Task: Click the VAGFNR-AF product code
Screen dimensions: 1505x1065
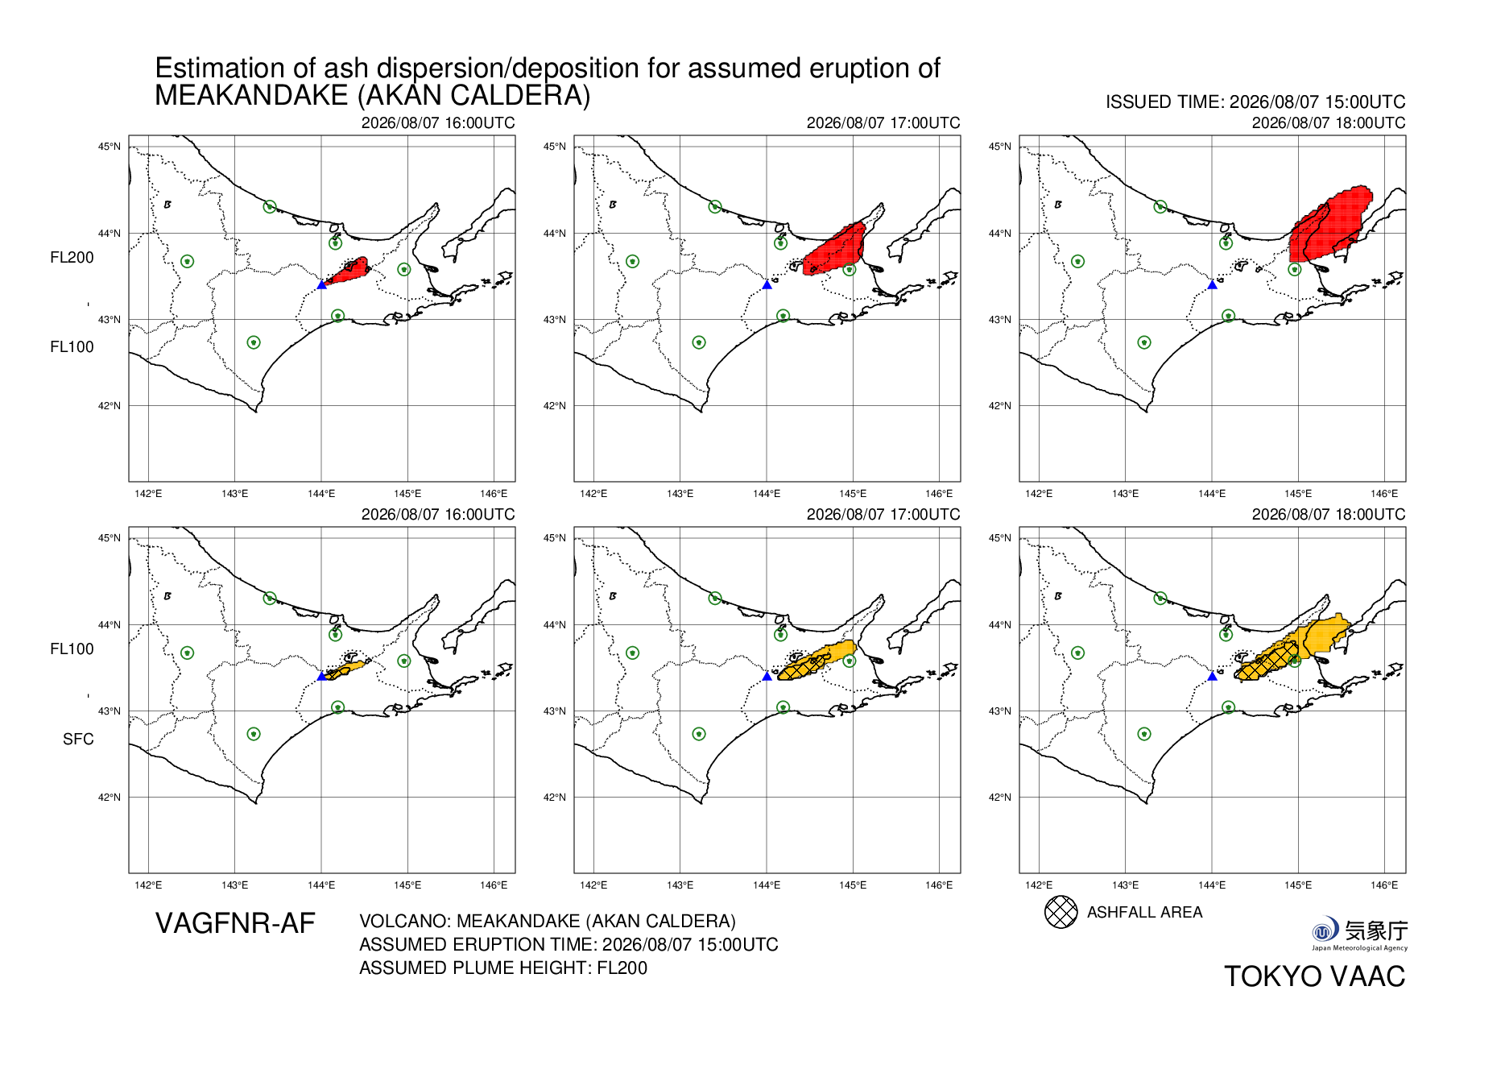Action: pyautogui.click(x=235, y=923)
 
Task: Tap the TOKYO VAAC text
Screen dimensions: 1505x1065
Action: pyautogui.click(x=1315, y=976)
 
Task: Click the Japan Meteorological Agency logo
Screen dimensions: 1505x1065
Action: pyautogui.click(x=1359, y=934)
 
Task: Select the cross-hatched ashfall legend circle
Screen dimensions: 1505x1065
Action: pyautogui.click(x=1061, y=912)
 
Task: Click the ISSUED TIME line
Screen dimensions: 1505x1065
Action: pyautogui.click(x=1255, y=102)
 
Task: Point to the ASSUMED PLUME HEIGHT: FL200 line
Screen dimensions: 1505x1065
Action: pyautogui.click(x=503, y=968)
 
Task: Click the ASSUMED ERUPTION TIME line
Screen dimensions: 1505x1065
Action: pyautogui.click(x=569, y=944)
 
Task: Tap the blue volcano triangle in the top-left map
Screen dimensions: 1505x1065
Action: pyautogui.click(x=322, y=284)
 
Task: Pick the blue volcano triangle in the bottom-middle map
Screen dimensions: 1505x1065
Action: pyautogui.click(x=767, y=676)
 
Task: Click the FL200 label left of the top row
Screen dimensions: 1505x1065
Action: pyautogui.click(x=72, y=257)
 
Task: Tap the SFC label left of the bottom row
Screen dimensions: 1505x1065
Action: pyautogui.click(x=78, y=739)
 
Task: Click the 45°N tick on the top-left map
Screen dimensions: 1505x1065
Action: pyautogui.click(x=110, y=147)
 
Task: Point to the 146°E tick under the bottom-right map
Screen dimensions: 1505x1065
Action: pyautogui.click(x=1384, y=885)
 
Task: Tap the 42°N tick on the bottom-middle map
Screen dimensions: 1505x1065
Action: pyautogui.click(x=554, y=798)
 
